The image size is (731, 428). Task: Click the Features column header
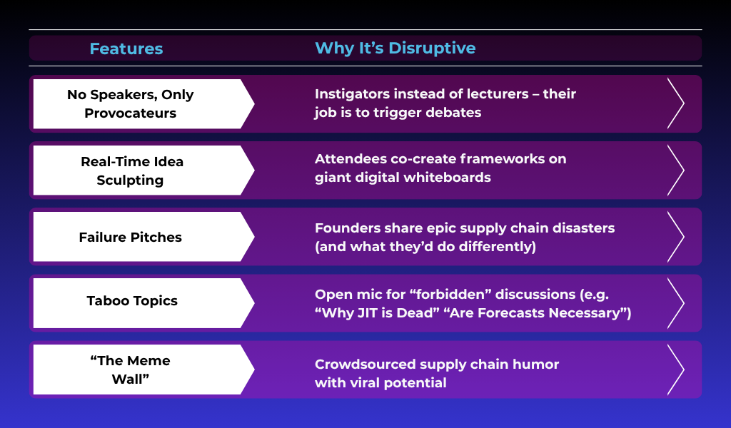coord(126,49)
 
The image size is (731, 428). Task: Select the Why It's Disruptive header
coord(395,48)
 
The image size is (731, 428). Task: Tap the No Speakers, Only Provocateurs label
coord(130,103)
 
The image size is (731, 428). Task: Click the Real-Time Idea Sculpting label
coord(131,170)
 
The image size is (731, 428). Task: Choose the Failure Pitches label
coord(130,237)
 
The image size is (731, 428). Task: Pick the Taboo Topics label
coord(132,301)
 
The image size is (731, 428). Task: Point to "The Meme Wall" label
coord(130,370)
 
